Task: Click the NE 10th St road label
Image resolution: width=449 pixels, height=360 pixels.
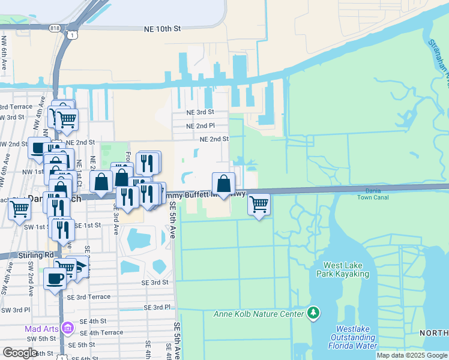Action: (163, 29)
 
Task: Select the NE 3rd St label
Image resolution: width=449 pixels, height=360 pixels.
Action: (200, 112)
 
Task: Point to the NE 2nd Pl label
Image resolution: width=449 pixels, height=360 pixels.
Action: (200, 126)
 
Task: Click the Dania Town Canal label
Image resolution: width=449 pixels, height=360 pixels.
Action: (373, 193)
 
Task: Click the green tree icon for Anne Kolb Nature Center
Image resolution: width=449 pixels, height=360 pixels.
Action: (312, 312)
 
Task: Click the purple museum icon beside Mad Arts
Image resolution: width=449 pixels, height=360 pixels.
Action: (67, 328)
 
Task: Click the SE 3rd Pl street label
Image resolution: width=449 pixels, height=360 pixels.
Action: (157, 307)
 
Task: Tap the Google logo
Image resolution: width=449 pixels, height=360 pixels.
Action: (20, 352)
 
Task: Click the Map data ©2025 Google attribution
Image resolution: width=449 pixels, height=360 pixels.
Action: (412, 355)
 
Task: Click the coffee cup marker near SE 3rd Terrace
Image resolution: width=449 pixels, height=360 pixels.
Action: (55, 278)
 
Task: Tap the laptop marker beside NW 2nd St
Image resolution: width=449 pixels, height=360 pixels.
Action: (39, 147)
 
